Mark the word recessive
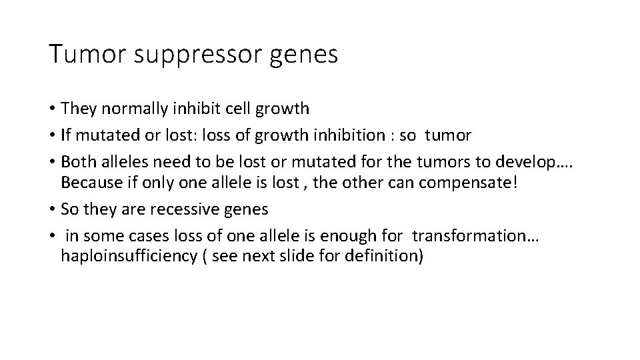pyautogui.click(x=187, y=209)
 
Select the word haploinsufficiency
pyautogui.click(x=125, y=257)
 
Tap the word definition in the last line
pyautogui.click(x=385, y=257)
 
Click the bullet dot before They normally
pyautogui.click(x=52, y=108)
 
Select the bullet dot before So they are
pyautogui.click(x=52, y=209)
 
